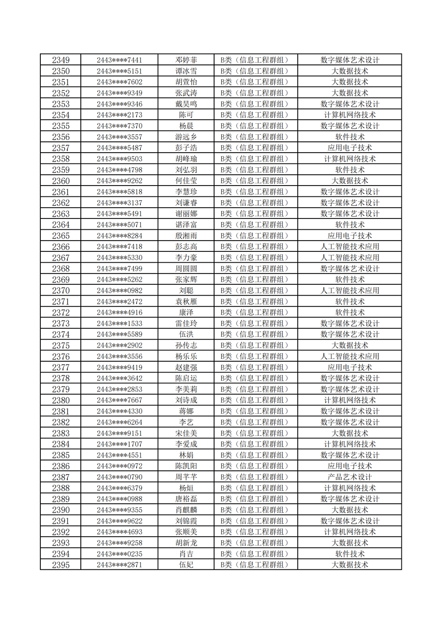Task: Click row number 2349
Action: [x=61, y=60]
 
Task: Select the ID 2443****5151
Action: [x=119, y=71]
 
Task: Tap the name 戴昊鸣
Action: [x=186, y=104]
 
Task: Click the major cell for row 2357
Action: [x=350, y=148]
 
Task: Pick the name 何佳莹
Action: [x=186, y=181]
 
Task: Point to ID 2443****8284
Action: [x=119, y=236]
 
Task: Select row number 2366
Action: [x=61, y=247]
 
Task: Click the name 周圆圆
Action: [x=186, y=269]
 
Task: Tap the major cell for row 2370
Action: [x=350, y=291]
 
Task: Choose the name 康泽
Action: [x=186, y=312]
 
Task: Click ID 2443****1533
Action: [x=119, y=324]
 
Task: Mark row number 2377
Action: [x=61, y=367]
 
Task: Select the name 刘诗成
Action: [x=186, y=400]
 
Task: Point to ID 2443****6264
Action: [x=119, y=422]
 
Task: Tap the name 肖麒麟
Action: [x=186, y=510]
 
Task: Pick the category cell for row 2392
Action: [x=255, y=532]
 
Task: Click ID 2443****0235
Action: [x=119, y=554]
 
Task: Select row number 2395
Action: [x=61, y=565]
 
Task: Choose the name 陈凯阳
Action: [x=186, y=466]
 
